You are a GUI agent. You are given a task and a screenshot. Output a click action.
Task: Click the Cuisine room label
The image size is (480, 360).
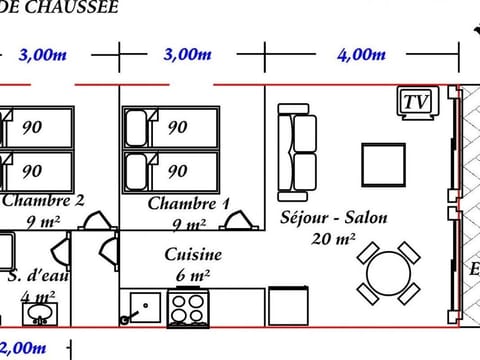pos(193,255)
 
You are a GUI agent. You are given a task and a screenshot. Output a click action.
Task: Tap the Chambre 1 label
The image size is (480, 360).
pos(188,204)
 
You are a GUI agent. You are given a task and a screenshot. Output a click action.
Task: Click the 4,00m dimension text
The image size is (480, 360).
pos(361,54)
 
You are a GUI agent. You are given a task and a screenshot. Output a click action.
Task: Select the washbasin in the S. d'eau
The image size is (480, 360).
pos(40,313)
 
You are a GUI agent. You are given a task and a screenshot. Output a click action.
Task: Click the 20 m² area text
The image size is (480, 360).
pos(334,239)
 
